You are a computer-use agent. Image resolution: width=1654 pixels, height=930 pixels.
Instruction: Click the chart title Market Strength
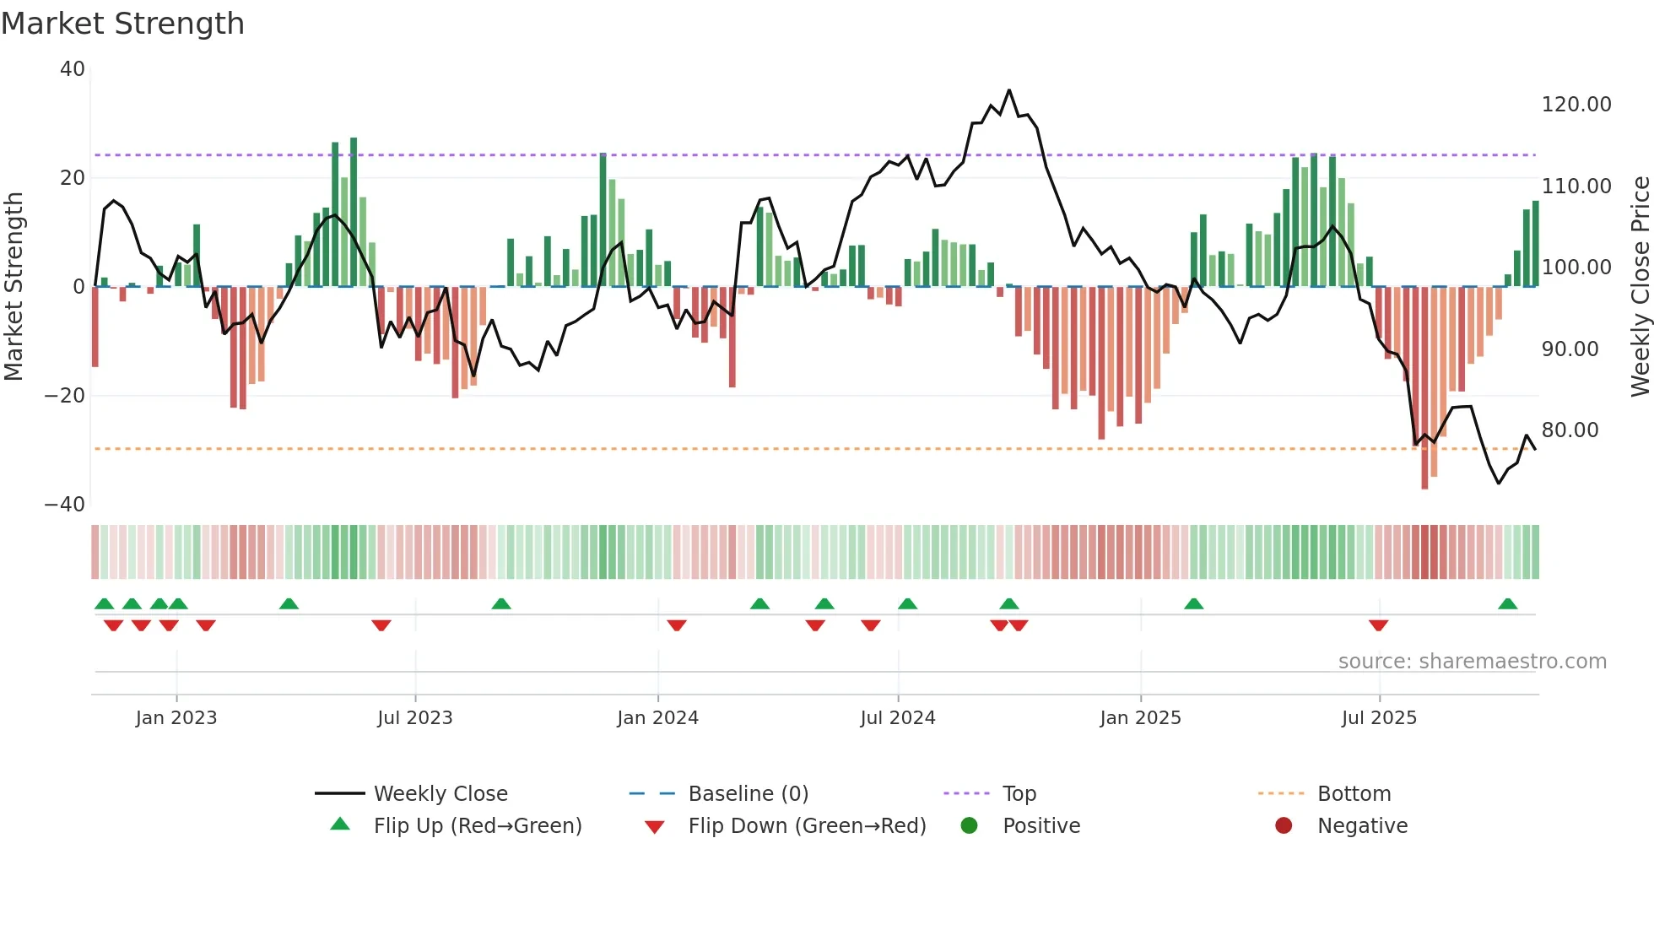(x=122, y=24)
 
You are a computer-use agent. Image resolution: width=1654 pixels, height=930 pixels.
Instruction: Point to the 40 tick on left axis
(x=73, y=69)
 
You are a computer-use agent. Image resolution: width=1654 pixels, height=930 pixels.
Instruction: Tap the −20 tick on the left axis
(x=65, y=396)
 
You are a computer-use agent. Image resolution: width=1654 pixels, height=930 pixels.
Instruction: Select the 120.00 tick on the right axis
(x=1576, y=105)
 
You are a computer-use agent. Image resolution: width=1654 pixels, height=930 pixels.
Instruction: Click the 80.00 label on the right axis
(x=1570, y=430)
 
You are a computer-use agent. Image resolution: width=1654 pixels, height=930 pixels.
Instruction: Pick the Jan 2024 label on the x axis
(x=657, y=718)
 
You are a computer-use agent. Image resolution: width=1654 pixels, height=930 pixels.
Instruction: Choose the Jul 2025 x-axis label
(x=1379, y=718)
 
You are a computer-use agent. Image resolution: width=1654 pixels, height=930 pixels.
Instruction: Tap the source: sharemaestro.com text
(x=1472, y=662)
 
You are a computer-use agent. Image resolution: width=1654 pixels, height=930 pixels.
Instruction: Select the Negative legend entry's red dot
(x=1284, y=826)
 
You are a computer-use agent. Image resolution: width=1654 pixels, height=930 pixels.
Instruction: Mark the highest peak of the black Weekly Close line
(x=1009, y=90)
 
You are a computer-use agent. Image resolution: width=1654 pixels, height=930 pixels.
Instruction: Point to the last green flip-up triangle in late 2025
(x=1508, y=603)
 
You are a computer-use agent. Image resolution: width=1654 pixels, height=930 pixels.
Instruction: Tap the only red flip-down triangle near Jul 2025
(x=1379, y=625)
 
